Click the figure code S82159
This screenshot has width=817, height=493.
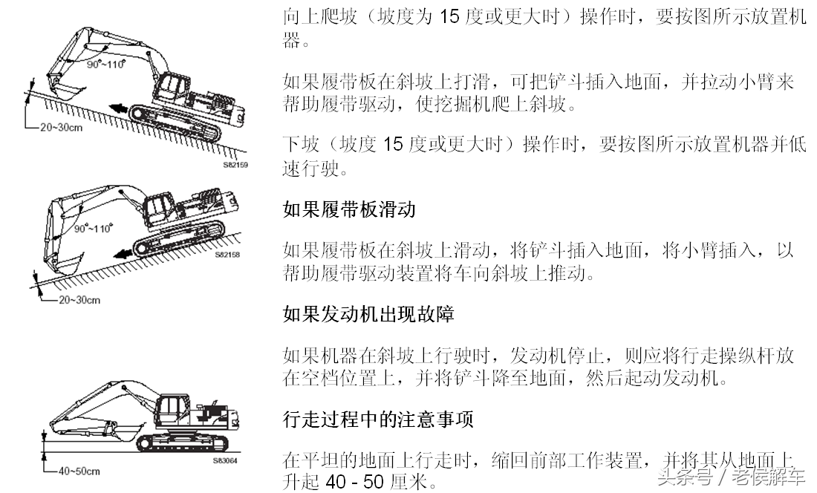pyautogui.click(x=235, y=165)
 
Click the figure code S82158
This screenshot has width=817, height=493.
pyautogui.click(x=227, y=255)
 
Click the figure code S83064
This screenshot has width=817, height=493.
pyautogui.click(x=224, y=460)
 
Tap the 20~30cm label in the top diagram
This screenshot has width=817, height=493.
pyautogui.click(x=61, y=127)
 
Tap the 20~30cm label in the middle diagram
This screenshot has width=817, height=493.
pyautogui.click(x=79, y=300)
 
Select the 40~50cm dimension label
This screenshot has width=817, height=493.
pyautogui.click(x=79, y=471)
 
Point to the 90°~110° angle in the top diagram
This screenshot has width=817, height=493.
pyautogui.click(x=106, y=64)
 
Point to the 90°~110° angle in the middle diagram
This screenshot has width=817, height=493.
pyautogui.click(x=94, y=229)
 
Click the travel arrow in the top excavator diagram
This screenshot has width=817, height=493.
pyautogui.click(x=118, y=109)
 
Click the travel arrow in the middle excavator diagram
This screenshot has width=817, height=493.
pyautogui.click(x=123, y=253)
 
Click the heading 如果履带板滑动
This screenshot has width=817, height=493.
pyautogui.click(x=349, y=209)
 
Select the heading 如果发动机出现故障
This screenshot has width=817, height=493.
pyautogui.click(x=368, y=314)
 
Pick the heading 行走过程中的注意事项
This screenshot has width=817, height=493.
pyautogui.click(x=378, y=419)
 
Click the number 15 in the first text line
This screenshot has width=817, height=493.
pyautogui.click(x=450, y=16)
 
